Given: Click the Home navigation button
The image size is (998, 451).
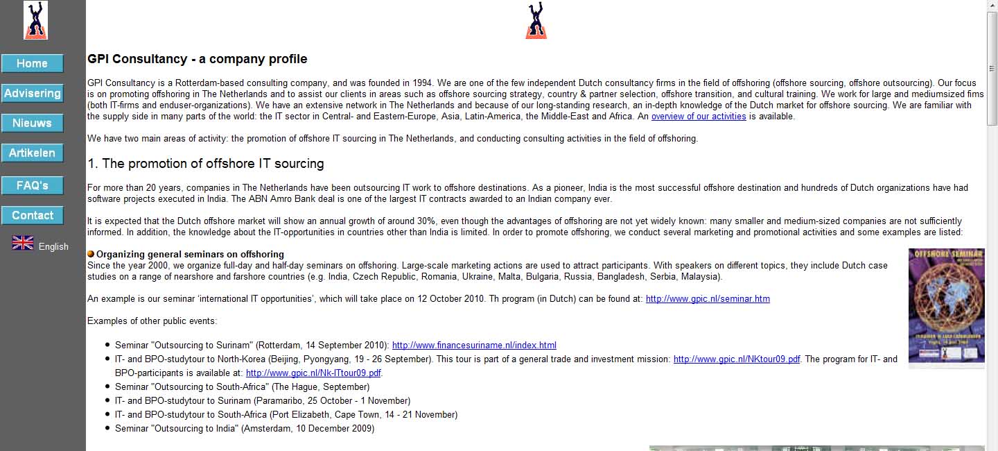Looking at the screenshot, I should pos(33,64).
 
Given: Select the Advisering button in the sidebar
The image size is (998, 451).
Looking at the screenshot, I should pos(33,94).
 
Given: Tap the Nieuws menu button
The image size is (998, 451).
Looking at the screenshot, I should pos(33,124).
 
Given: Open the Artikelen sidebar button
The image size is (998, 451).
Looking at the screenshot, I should pos(33,153).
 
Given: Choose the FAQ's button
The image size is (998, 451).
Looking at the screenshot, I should pos(33,186).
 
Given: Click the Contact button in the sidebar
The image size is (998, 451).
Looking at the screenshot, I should pos(33,216).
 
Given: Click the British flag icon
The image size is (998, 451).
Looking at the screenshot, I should pos(23,243).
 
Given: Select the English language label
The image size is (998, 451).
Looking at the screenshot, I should pos(53,246).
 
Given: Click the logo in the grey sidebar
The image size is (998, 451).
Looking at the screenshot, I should pos(35,20).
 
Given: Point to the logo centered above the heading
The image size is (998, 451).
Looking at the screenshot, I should pos(536,20).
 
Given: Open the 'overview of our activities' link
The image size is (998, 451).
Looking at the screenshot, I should pos(699,117).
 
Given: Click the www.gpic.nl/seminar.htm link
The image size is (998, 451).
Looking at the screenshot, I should pos(708,299).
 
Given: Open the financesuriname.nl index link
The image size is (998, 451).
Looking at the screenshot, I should pos(474,346).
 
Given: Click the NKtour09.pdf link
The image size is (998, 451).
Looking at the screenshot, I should pos(737,359).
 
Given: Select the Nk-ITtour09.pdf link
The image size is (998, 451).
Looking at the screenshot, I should pos(313,373).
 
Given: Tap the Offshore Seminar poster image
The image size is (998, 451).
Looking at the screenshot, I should pos(946,306).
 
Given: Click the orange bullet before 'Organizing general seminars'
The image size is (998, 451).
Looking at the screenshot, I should pos(91,255).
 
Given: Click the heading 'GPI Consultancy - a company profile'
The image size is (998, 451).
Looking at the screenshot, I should pos(198,59).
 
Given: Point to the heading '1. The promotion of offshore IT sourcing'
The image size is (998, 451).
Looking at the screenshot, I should pos(206,164).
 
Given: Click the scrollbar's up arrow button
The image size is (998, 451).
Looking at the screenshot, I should pos(992,6).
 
